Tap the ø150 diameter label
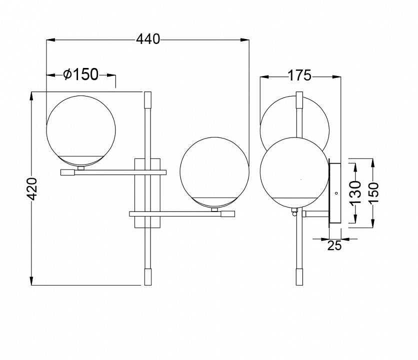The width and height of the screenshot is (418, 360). [x=81, y=75]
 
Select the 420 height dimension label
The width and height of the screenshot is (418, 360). [x=31, y=188]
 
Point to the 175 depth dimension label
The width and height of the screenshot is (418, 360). [x=299, y=76]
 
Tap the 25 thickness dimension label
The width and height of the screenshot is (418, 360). [x=334, y=245]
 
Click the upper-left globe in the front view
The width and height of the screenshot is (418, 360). [x=81, y=129]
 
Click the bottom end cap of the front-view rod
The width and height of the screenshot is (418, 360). [x=147, y=276]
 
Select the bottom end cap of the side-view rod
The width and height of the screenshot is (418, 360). [x=299, y=276]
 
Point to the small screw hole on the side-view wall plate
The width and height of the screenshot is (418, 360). [x=336, y=192]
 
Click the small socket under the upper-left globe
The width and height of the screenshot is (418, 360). [x=81, y=168]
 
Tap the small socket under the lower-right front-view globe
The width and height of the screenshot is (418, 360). [x=214, y=210]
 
